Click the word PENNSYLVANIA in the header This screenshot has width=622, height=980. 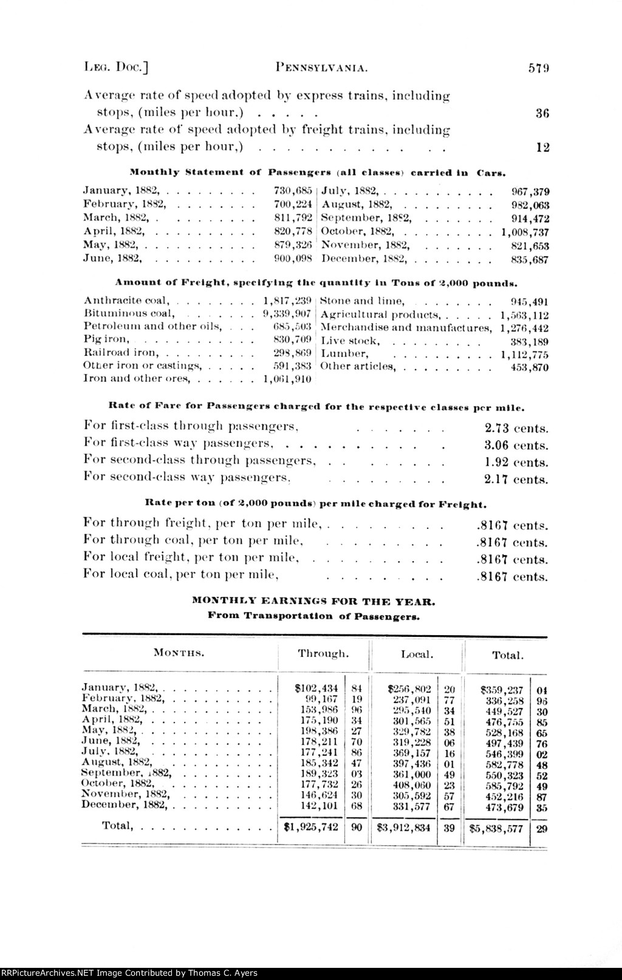pyautogui.click(x=321, y=67)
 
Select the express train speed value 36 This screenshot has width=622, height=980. pyautogui.click(x=542, y=112)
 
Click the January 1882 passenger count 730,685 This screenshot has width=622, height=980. pyautogui.click(x=293, y=191)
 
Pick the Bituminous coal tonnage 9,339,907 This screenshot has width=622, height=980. pyautogui.click(x=287, y=313)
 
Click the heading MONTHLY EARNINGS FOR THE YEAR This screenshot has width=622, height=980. pyautogui.click(x=313, y=602)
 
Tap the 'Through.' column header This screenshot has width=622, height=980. pyautogui.click(x=323, y=654)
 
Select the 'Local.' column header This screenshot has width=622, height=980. pyautogui.click(x=417, y=655)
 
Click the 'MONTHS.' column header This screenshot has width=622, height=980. pyautogui.click(x=178, y=653)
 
